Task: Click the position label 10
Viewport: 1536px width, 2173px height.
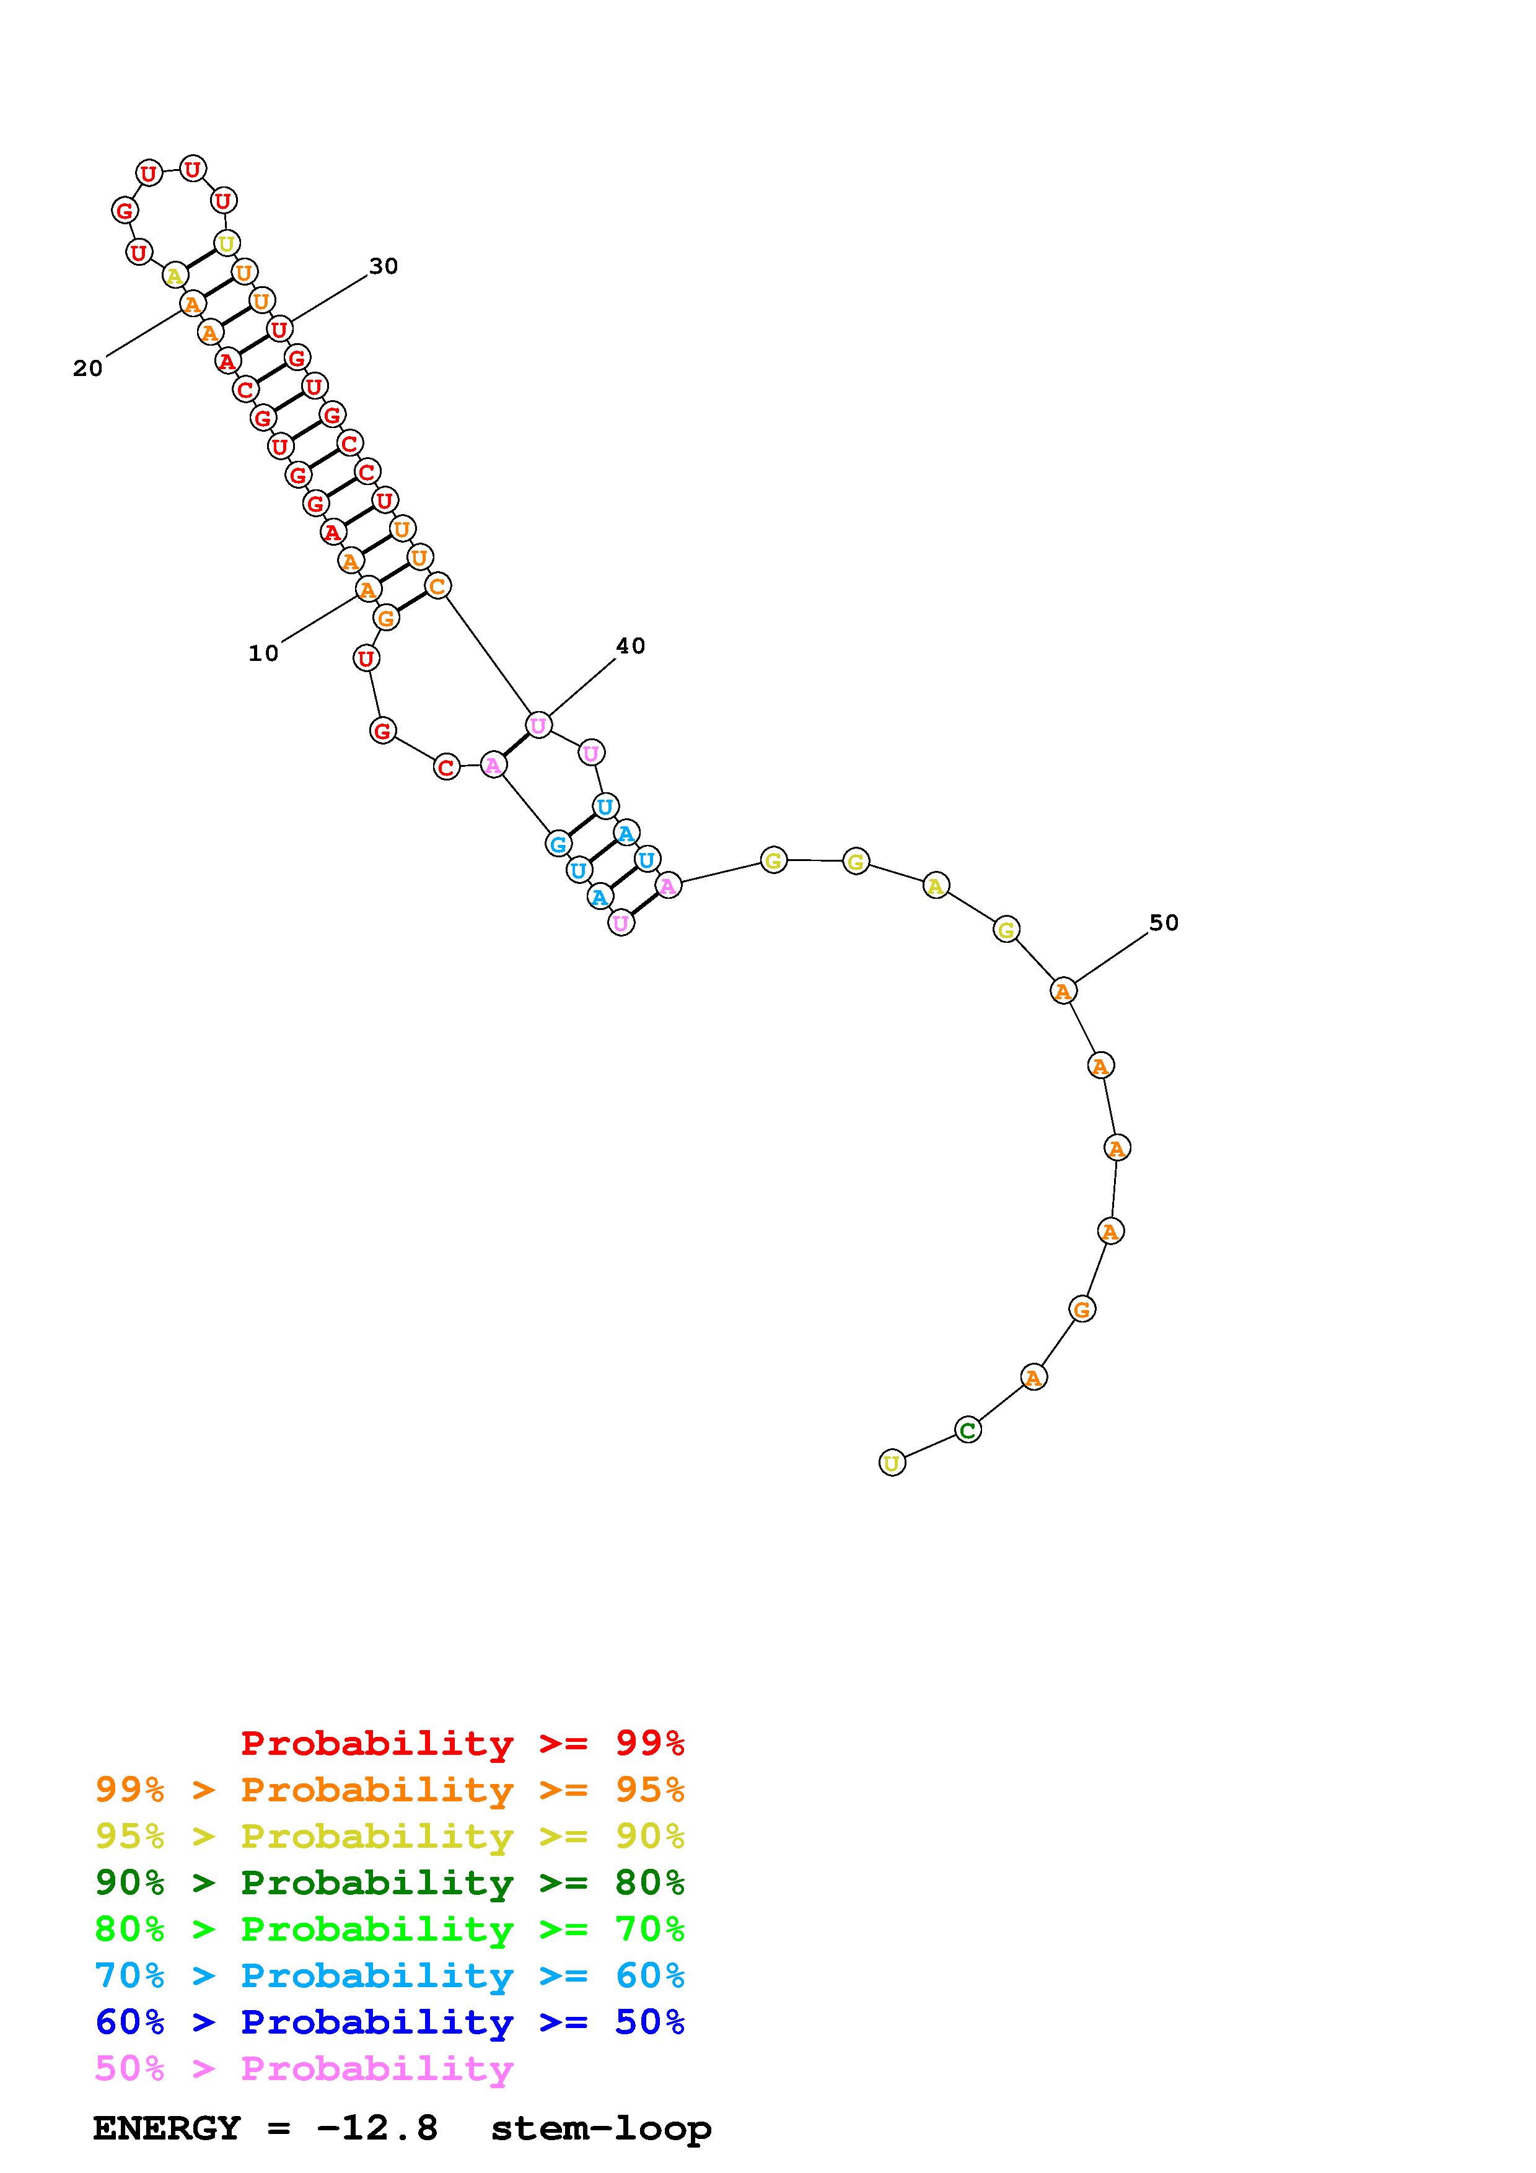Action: pos(263,653)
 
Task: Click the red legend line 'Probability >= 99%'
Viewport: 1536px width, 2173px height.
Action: pos(463,1742)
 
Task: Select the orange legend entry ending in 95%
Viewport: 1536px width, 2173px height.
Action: pos(390,1789)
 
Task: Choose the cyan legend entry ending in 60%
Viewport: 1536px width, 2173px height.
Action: pos(390,1975)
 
